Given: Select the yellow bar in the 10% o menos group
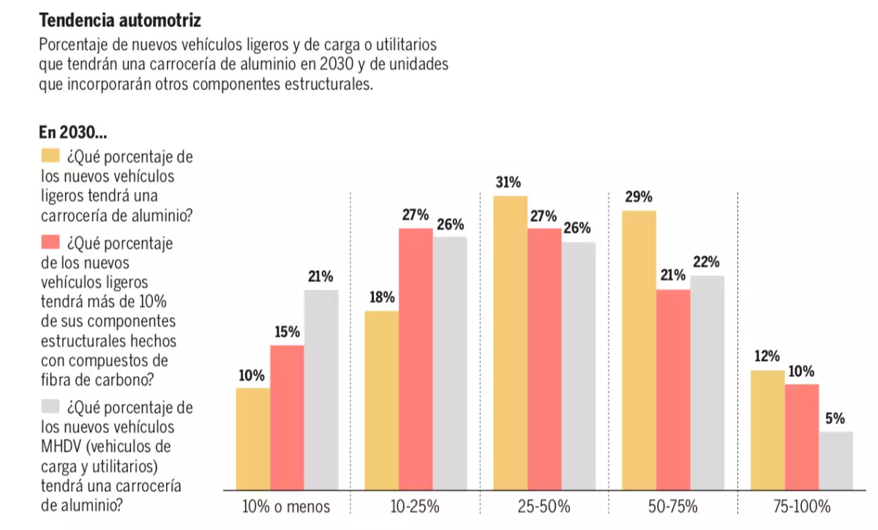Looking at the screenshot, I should coord(252,438).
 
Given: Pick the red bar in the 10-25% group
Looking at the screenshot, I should coord(416,359).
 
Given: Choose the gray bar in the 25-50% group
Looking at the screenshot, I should coord(579,365).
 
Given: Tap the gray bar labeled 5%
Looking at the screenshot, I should coord(836,460).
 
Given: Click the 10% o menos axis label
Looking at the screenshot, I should coord(286,507).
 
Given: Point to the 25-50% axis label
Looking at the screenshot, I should coord(544,507).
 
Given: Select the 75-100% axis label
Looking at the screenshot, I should coord(802,507).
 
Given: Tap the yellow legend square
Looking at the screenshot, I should coord(50,156).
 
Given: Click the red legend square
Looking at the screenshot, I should coord(50,242).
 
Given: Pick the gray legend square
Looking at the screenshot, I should coord(50,406).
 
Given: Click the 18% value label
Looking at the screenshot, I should coord(381,297).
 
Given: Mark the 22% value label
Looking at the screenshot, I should coord(707,262).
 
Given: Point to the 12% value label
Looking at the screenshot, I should coord(768,357).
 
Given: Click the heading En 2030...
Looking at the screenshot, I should coord(73,133).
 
